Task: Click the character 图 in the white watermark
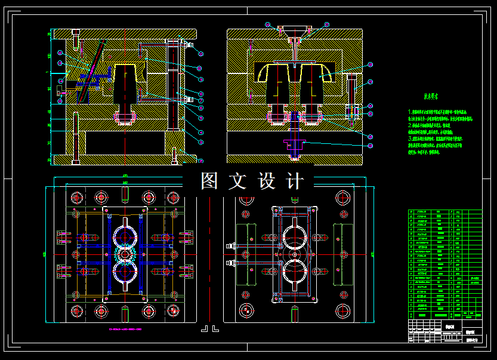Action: (208, 181)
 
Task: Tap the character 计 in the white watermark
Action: (294, 181)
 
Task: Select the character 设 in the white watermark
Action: (266, 181)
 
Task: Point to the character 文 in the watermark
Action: (236, 181)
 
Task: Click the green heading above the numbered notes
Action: (431, 96)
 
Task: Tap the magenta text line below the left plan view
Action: (125, 329)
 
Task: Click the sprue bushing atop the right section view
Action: (296, 30)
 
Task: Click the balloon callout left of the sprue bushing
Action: (267, 24)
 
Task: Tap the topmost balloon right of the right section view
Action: (371, 64)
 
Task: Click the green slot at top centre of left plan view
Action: (125, 194)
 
